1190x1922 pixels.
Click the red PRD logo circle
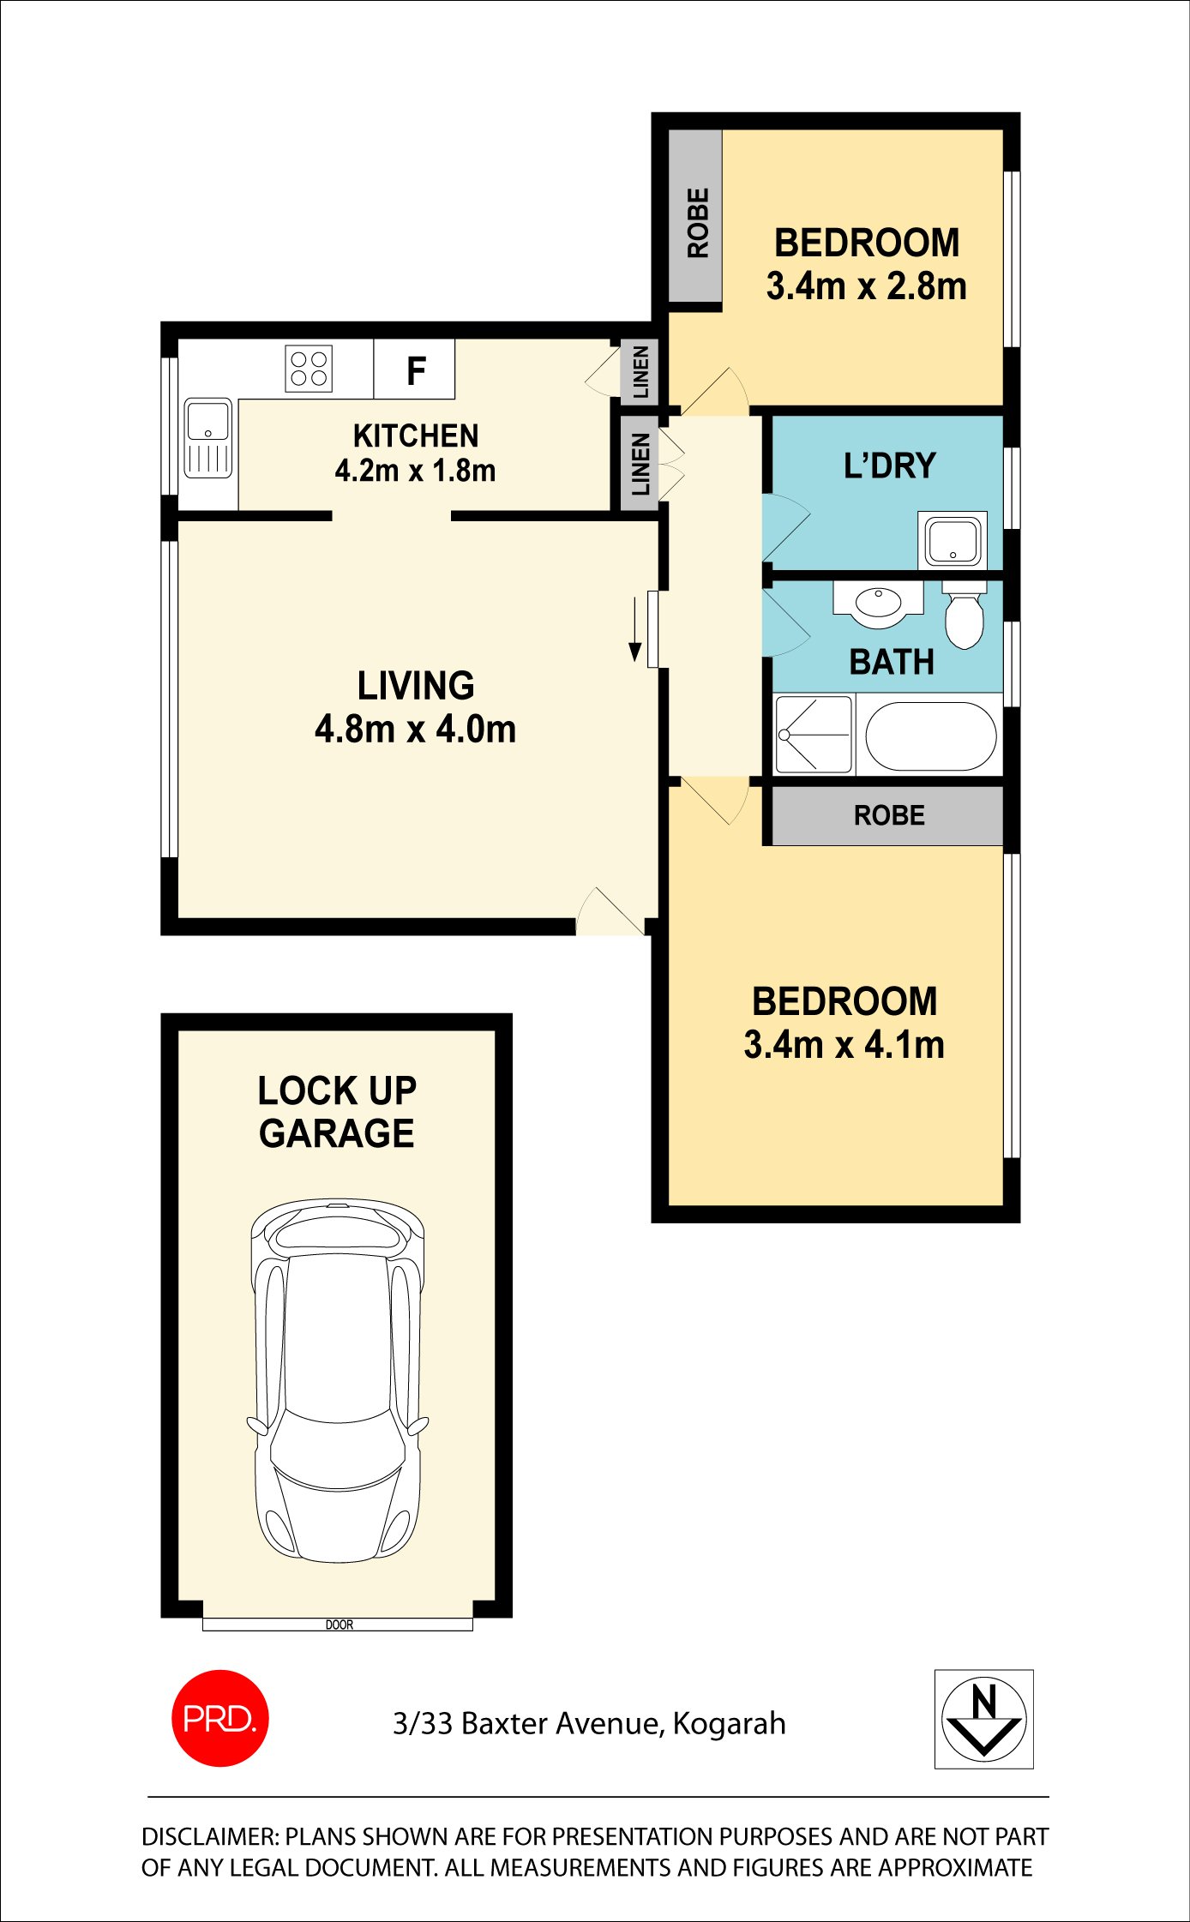[220, 1718]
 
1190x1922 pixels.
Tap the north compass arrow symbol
[983, 1719]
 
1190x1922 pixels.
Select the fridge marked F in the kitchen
[414, 369]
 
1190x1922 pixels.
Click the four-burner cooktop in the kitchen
[309, 369]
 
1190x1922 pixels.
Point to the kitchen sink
[208, 438]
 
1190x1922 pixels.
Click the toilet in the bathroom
[964, 614]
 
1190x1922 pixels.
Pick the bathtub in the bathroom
[931, 737]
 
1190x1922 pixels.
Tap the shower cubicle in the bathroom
[814, 735]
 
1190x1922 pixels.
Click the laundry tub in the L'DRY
[953, 540]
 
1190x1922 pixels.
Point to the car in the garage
[338, 1381]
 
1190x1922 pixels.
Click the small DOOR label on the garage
[340, 1625]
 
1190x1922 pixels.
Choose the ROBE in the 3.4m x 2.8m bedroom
[695, 215]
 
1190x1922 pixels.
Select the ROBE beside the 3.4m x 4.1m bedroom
[888, 815]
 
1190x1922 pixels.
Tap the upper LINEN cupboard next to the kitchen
[640, 371]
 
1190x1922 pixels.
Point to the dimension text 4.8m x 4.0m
[416, 730]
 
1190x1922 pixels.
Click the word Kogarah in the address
[730, 1723]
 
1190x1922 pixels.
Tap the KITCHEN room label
[416, 436]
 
